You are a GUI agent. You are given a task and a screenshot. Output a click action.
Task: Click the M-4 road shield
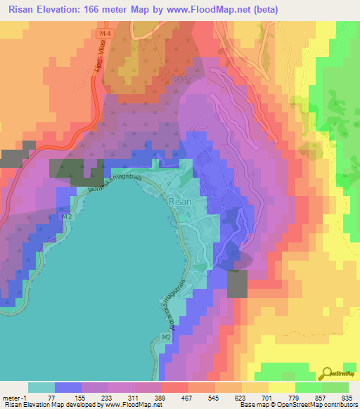105,33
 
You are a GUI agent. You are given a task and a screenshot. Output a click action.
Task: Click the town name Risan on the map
180,200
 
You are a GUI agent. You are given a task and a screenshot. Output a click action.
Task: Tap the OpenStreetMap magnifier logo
327,372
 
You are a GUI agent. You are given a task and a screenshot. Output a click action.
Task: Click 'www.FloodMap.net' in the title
199,10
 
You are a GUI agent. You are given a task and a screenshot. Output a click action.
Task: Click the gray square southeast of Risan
238,283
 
